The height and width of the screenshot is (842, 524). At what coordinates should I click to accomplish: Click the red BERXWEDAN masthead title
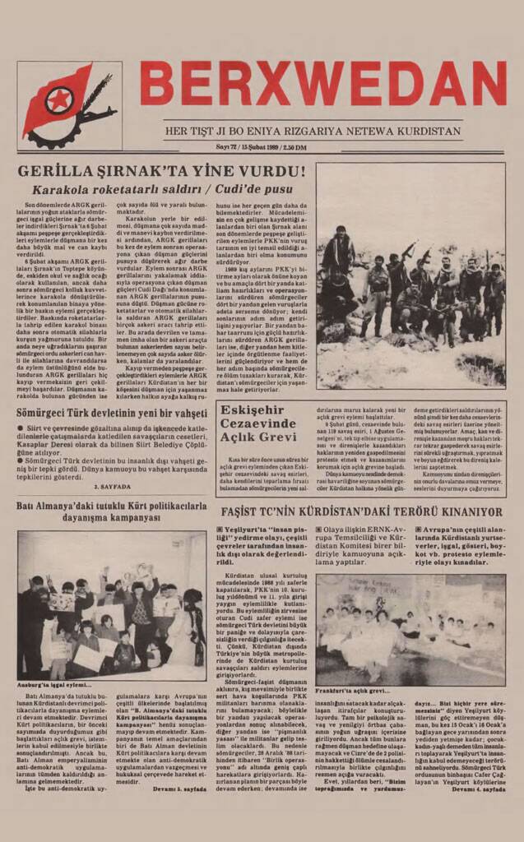click(x=322, y=85)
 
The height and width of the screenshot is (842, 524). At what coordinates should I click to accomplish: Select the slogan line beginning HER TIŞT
click(x=324, y=131)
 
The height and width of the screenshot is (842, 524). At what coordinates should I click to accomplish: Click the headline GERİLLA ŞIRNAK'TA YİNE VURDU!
click(x=161, y=173)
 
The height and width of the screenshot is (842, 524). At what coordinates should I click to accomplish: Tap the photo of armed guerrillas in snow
click(x=410, y=275)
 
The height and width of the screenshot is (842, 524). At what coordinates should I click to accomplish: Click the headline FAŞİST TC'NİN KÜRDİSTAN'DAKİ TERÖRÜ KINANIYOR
click(x=362, y=511)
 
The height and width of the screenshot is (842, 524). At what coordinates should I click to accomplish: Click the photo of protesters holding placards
click(x=112, y=604)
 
